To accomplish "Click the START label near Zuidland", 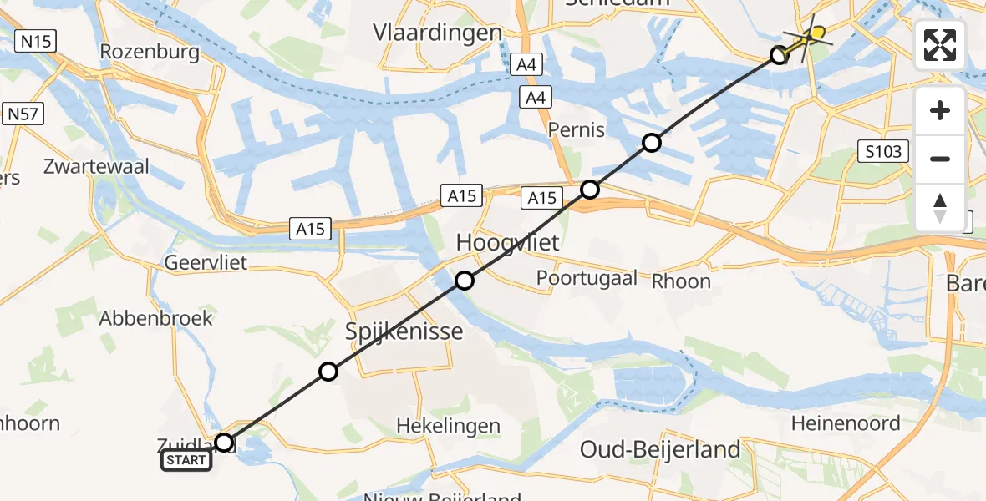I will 186,460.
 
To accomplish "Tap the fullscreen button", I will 940,44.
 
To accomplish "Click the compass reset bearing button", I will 940,207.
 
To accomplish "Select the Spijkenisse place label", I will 404,331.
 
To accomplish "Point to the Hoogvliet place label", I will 506,243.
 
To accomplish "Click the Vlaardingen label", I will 438,33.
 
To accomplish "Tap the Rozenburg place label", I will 150,52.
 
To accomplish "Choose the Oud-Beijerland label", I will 660,449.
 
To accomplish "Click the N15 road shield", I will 35,40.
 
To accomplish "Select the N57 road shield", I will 23,114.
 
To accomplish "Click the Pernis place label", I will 577,130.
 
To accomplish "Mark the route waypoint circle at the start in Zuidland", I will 224,443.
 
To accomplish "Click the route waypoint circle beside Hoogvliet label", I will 465,281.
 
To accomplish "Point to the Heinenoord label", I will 846,423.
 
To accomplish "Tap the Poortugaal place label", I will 587,278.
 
